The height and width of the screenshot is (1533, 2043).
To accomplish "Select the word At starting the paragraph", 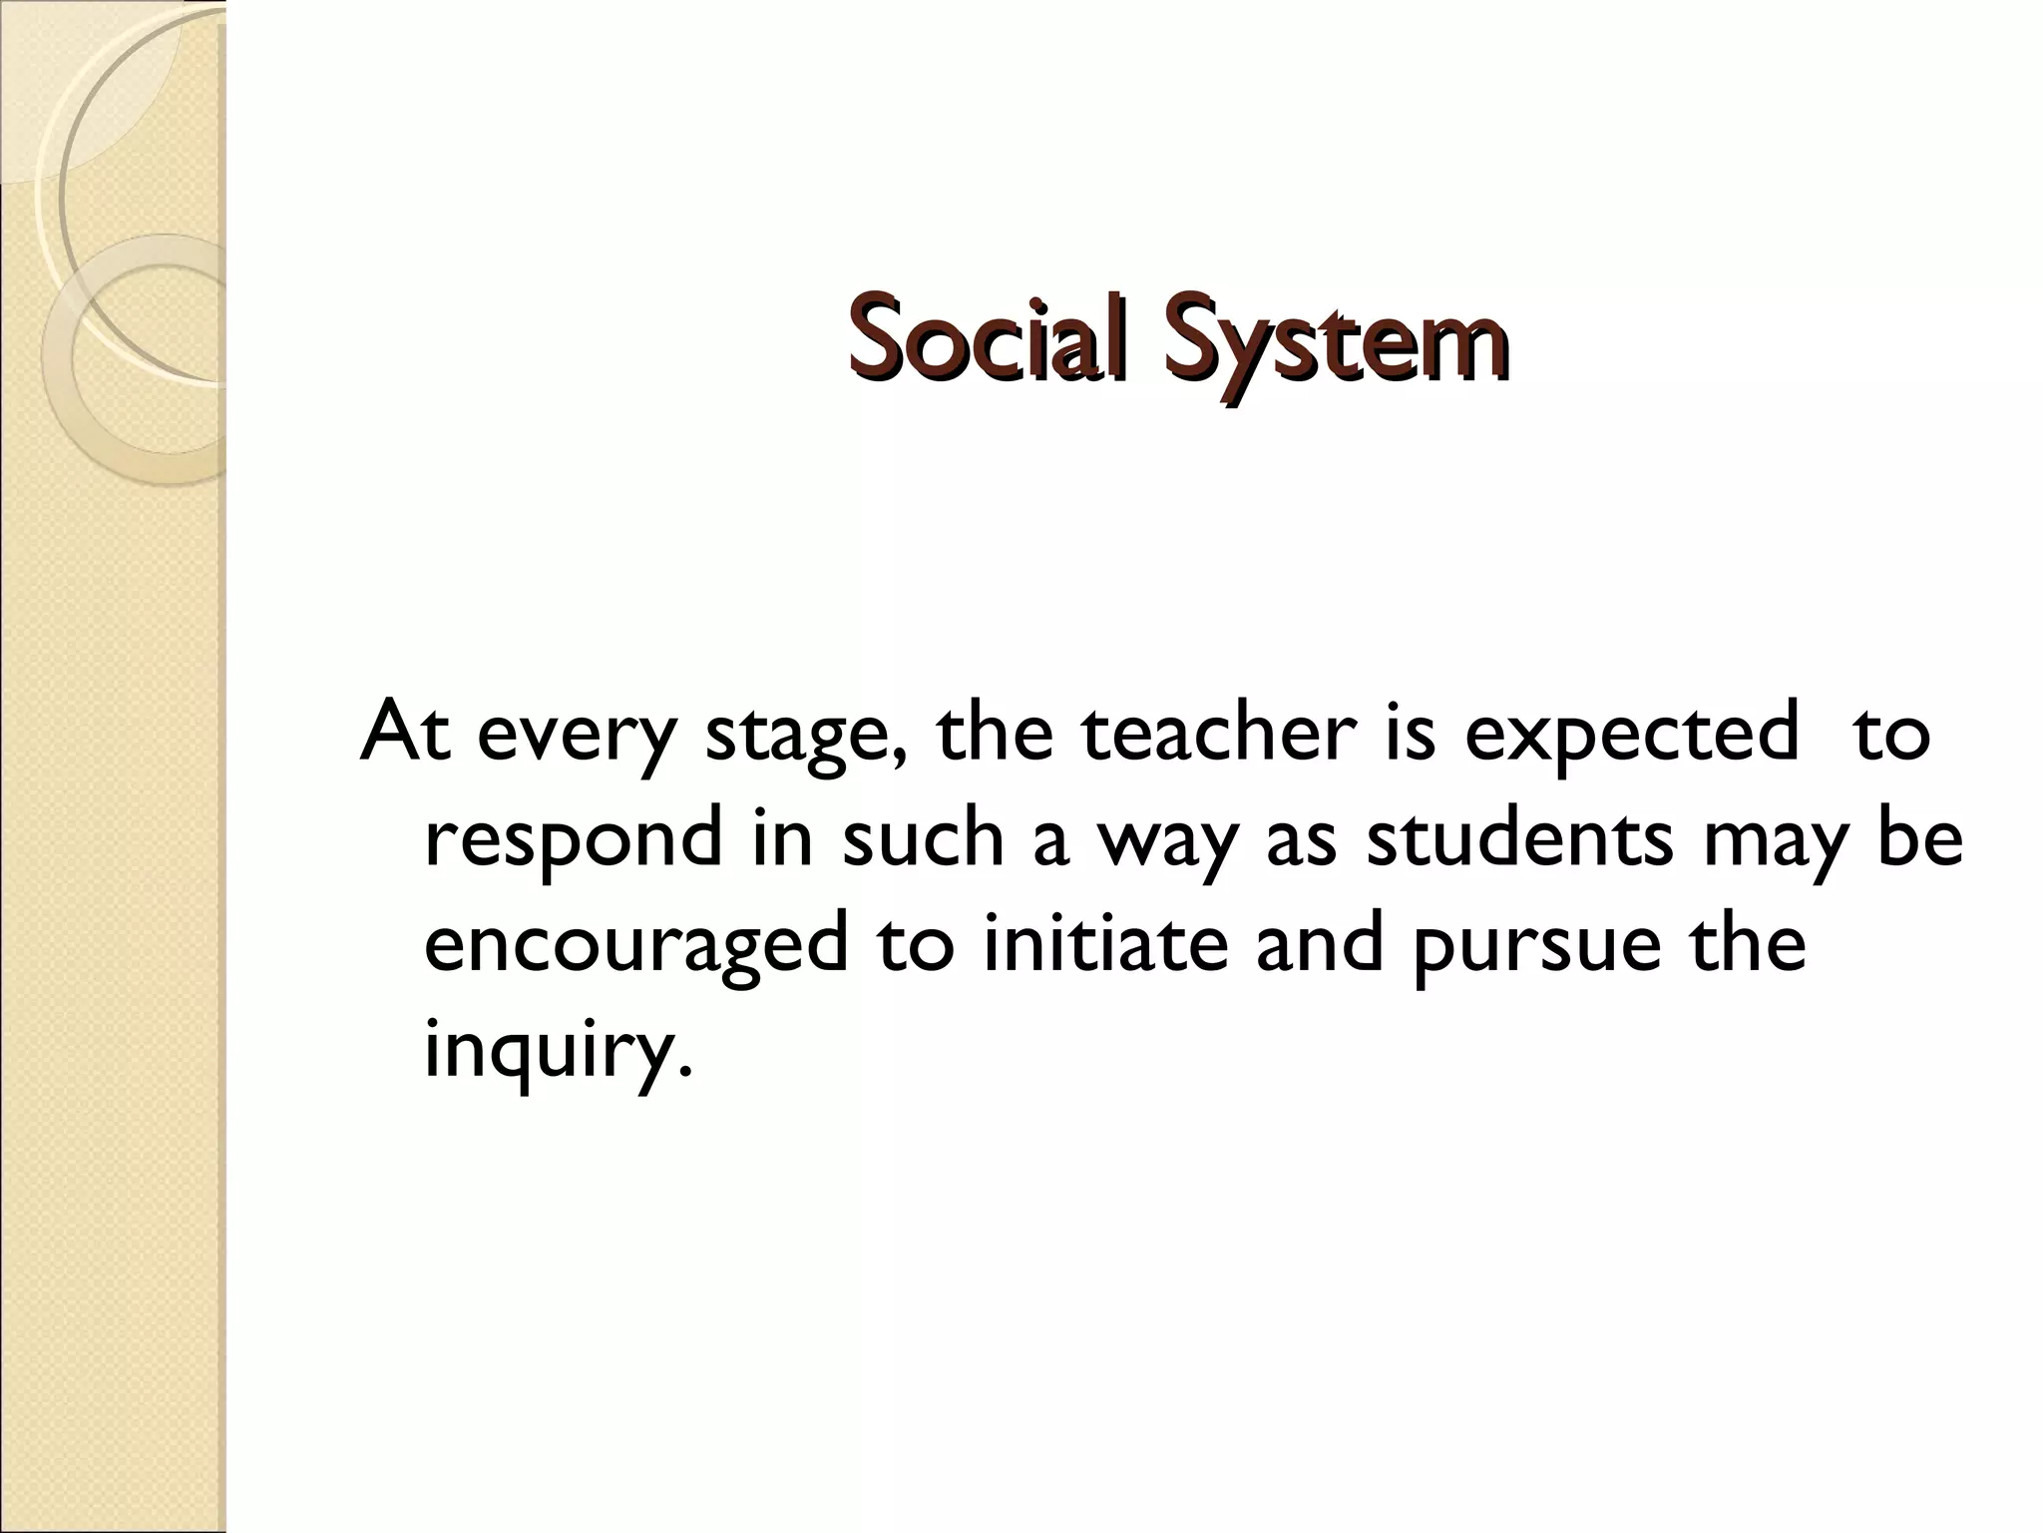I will pyautogui.click(x=404, y=735).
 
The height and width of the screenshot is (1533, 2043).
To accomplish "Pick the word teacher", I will pyautogui.click(x=1216, y=735).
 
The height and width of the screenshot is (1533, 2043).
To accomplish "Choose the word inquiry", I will pyautogui.click(x=548, y=1052).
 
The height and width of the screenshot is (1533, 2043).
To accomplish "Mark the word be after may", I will pyautogui.click(x=1920, y=838).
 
